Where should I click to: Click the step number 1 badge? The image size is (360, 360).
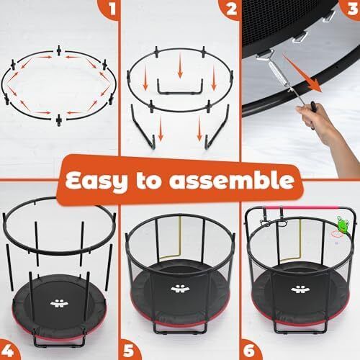109,9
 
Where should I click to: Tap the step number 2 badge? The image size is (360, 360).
230,9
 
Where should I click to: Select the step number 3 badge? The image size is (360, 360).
351,9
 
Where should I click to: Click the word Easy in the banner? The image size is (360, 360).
96,181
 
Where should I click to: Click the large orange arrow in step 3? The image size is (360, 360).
303,73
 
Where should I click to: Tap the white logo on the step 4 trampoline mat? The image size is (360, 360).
59,303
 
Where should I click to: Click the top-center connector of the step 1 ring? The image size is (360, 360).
58,50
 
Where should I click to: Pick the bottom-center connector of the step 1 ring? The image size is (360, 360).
58,120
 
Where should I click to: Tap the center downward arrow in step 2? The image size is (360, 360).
180,68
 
